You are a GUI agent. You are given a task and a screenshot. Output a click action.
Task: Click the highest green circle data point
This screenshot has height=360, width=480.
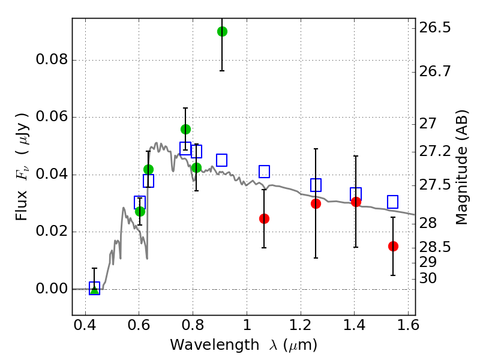pyautogui.click(x=222, y=31)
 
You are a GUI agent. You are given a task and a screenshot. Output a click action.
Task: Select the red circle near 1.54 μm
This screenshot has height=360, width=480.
pyautogui.click(x=393, y=246)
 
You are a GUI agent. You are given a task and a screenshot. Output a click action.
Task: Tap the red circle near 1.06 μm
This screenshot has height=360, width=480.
pyautogui.click(x=264, y=218)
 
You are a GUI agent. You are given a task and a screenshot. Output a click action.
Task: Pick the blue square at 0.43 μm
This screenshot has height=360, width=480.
pyautogui.click(x=94, y=288)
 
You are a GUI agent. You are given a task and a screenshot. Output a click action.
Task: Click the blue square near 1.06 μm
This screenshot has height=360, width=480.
pyautogui.click(x=264, y=172)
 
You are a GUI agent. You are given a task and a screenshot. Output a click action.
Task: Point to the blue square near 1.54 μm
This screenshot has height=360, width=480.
pyautogui.click(x=392, y=202)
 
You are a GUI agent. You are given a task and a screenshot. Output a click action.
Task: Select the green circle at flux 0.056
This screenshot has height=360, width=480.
pyautogui.click(x=185, y=129)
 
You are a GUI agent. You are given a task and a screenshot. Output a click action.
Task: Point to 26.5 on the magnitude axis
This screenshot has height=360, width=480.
pyautogui.click(x=435, y=28)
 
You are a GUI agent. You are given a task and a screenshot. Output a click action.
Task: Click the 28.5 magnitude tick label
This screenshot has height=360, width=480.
pyautogui.click(x=435, y=247)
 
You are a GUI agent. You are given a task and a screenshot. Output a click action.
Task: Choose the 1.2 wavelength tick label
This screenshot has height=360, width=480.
pyautogui.click(x=300, y=327)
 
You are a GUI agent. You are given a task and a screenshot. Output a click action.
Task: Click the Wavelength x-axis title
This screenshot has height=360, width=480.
pyautogui.click(x=243, y=345)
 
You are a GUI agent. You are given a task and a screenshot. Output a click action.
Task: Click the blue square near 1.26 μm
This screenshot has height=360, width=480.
pyautogui.click(x=316, y=185)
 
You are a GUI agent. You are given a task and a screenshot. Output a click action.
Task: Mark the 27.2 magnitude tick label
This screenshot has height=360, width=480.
pyautogui.click(x=435, y=152)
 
